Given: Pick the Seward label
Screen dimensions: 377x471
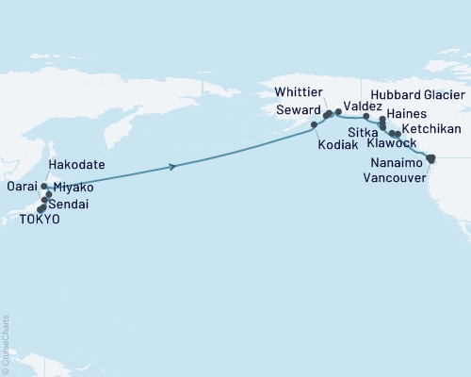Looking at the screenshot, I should pos(295,108).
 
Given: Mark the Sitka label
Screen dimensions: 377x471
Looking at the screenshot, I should pos(364,133).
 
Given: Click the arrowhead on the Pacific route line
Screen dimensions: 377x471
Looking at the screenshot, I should pos(173,167).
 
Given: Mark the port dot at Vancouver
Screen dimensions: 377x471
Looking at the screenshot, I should pos(431,158).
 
